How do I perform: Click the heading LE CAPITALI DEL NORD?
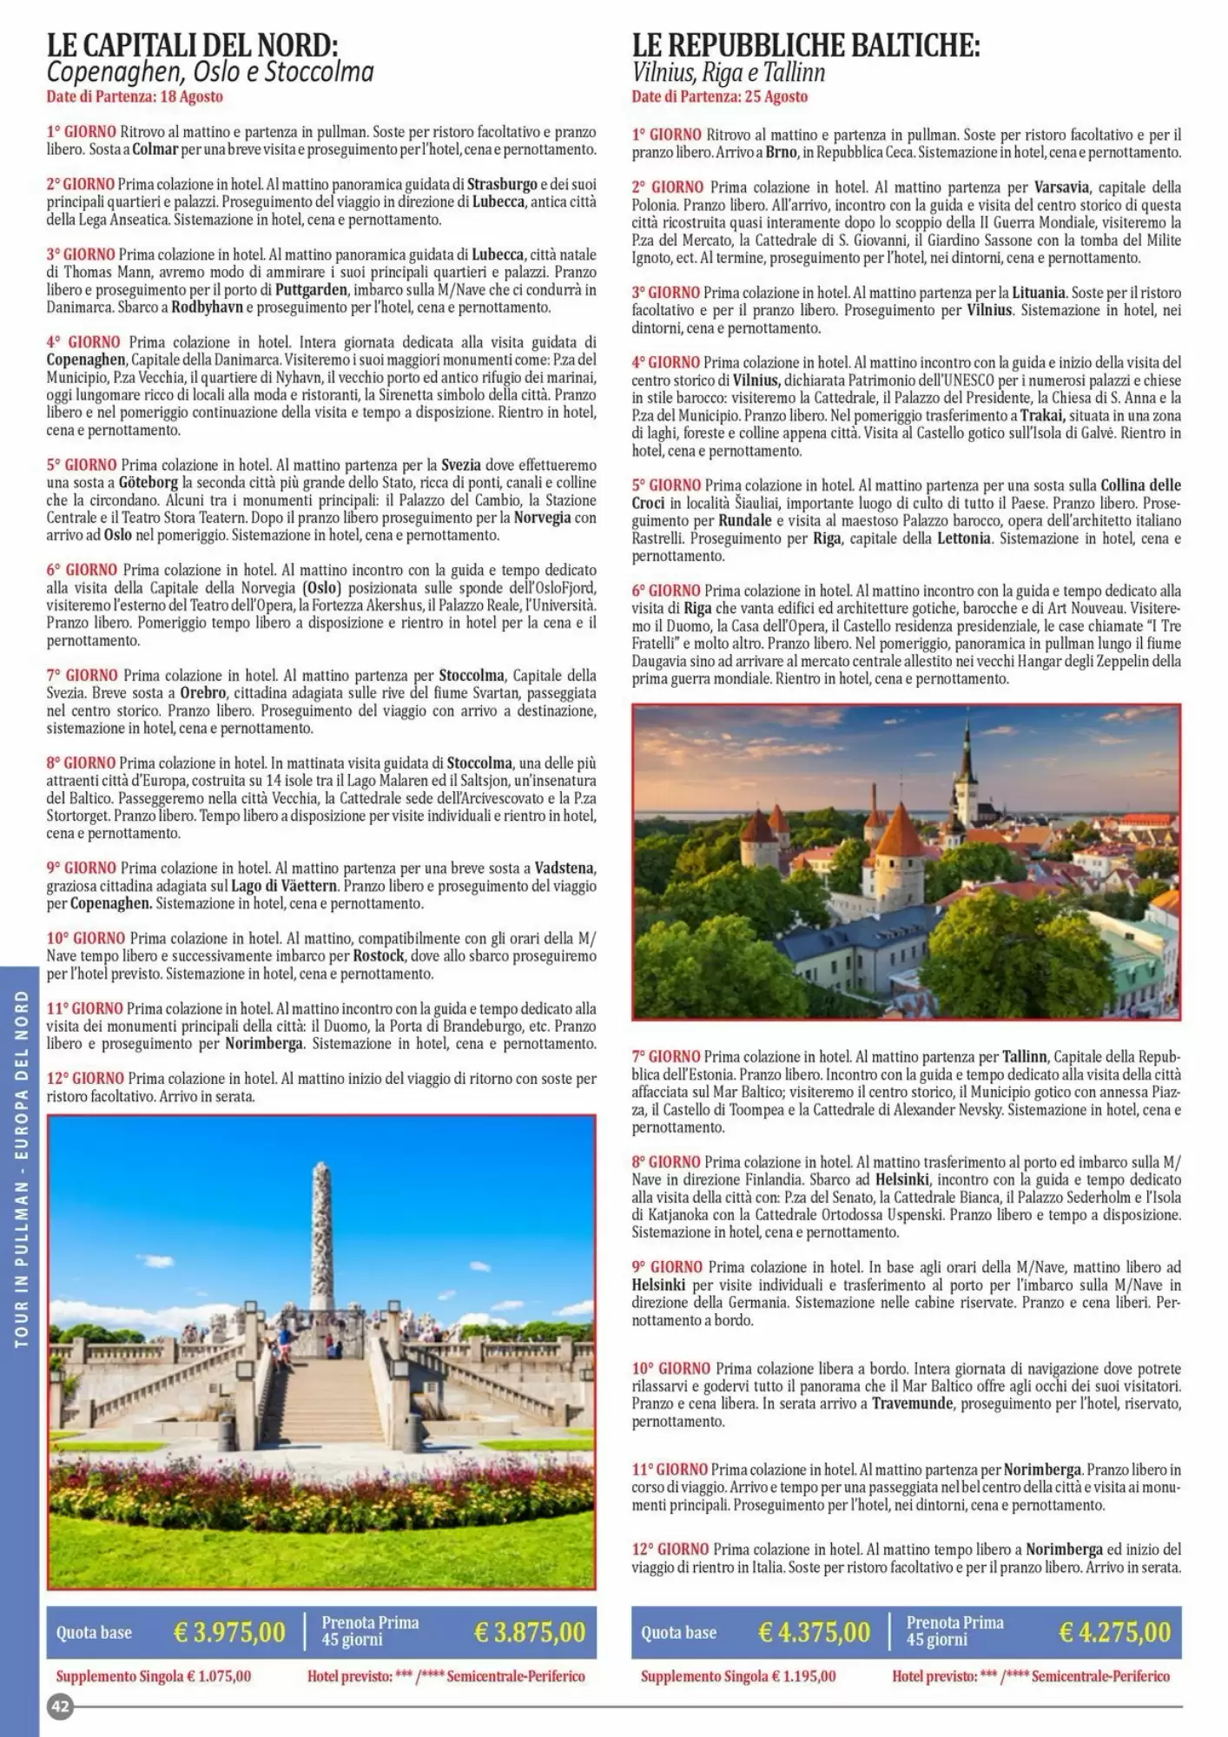192,44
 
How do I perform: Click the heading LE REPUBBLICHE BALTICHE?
805,44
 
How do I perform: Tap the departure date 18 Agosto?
191,96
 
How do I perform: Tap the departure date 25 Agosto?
776,96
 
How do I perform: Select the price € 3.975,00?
229,1632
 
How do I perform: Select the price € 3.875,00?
530,1632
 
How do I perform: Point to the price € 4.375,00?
814,1632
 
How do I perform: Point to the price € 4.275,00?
1114,1632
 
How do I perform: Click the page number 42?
60,1706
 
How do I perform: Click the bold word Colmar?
155,149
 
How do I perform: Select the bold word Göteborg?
148,483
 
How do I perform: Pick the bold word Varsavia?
1061,188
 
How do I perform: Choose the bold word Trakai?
1041,415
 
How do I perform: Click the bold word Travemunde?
913,1403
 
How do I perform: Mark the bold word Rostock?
379,956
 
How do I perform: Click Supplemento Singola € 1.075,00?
154,1676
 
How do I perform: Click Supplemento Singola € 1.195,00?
738,1676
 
